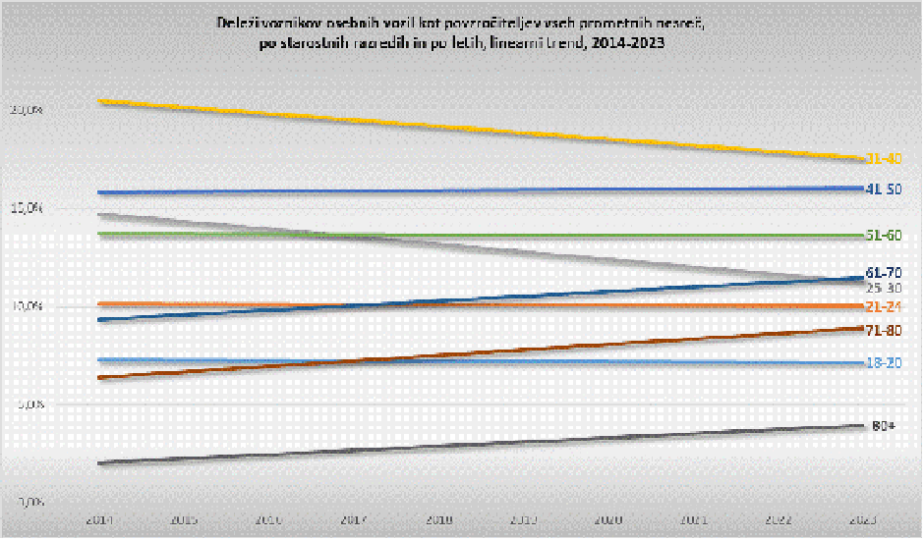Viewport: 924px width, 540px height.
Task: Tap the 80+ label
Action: tap(882, 425)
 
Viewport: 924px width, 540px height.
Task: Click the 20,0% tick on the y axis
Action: tap(27, 110)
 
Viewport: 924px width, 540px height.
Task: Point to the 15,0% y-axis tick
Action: tap(27, 208)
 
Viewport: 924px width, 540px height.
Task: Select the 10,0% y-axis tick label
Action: tap(27, 306)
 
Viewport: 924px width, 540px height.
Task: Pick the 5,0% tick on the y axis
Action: tap(29, 404)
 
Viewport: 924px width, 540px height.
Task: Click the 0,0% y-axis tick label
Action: tap(29, 502)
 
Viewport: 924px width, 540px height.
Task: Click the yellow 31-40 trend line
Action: tap(482, 130)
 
